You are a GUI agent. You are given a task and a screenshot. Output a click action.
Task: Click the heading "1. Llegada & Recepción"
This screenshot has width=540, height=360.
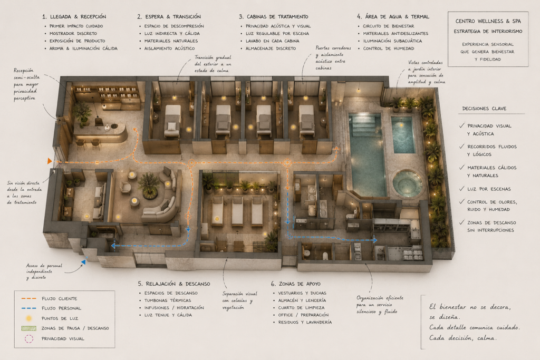point(74,16)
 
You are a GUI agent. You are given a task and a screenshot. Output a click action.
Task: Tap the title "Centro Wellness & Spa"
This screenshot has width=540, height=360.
point(488,21)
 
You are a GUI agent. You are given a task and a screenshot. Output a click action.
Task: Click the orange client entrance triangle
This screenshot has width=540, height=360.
point(50,161)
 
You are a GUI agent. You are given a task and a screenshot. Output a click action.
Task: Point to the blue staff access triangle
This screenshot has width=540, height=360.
point(83,262)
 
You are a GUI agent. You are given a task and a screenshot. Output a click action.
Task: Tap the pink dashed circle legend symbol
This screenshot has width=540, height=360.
point(29,339)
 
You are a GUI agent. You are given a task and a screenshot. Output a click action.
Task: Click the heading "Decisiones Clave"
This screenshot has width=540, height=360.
point(484,109)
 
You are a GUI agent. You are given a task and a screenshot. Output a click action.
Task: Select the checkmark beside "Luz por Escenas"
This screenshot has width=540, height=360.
point(462,189)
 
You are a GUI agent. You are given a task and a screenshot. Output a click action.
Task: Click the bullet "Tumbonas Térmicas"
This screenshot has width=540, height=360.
point(168,300)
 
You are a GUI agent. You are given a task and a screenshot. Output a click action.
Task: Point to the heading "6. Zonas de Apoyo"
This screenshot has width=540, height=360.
point(295,284)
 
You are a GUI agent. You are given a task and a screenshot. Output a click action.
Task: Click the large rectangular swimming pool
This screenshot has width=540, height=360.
point(368,155)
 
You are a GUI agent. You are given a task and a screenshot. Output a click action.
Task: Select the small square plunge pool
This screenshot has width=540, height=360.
point(403,134)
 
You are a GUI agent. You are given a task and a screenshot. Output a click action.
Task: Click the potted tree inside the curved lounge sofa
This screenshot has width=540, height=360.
point(149,185)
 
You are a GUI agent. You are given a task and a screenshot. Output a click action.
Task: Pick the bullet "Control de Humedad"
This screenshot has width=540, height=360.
point(389,48)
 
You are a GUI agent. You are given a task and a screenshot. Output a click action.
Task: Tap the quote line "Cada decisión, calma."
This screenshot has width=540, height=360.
point(463,338)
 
